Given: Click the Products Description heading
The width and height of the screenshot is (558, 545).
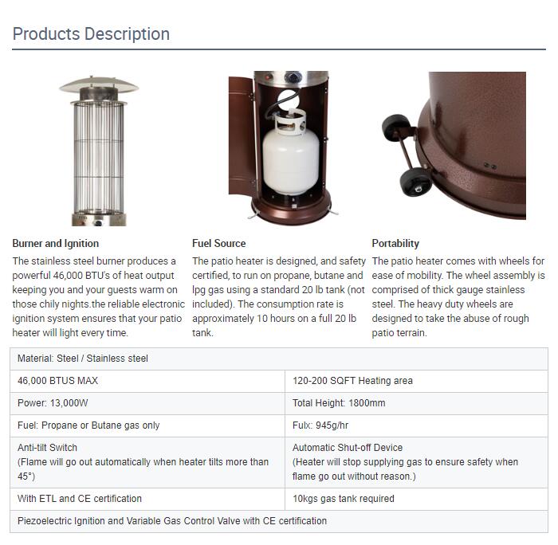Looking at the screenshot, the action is click(91, 34).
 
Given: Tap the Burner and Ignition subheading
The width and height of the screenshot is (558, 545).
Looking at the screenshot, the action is click(56, 243).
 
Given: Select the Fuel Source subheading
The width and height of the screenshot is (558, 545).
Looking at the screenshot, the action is click(219, 243).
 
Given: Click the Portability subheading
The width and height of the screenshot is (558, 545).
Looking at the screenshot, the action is click(395, 243).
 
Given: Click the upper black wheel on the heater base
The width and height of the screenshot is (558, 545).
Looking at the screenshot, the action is click(395, 127).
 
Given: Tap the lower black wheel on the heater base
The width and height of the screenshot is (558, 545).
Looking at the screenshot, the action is click(415, 182).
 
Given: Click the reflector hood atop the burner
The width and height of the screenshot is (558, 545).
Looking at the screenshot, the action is click(99, 84).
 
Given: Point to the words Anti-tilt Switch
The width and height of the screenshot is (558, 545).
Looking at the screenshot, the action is click(47, 448).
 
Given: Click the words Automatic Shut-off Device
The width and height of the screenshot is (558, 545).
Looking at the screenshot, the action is click(348, 448).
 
